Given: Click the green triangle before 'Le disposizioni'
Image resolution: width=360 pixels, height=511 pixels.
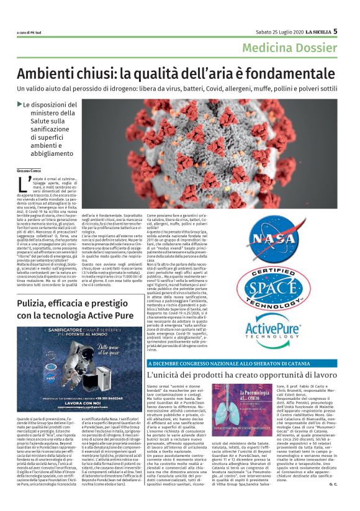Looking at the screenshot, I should pyautogui.click(x=19, y=104).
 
